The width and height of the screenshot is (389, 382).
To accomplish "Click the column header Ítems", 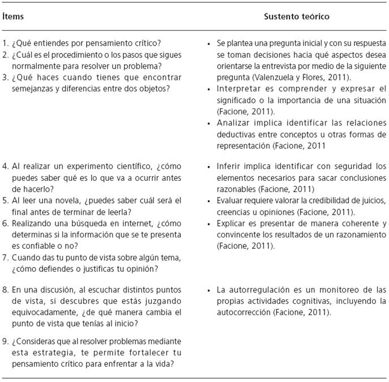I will click(13, 16).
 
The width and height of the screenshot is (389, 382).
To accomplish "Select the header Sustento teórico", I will click(297, 16).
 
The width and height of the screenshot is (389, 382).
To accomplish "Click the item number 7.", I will click(5, 256).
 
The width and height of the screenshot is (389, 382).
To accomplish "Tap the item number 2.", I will click(5, 55).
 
